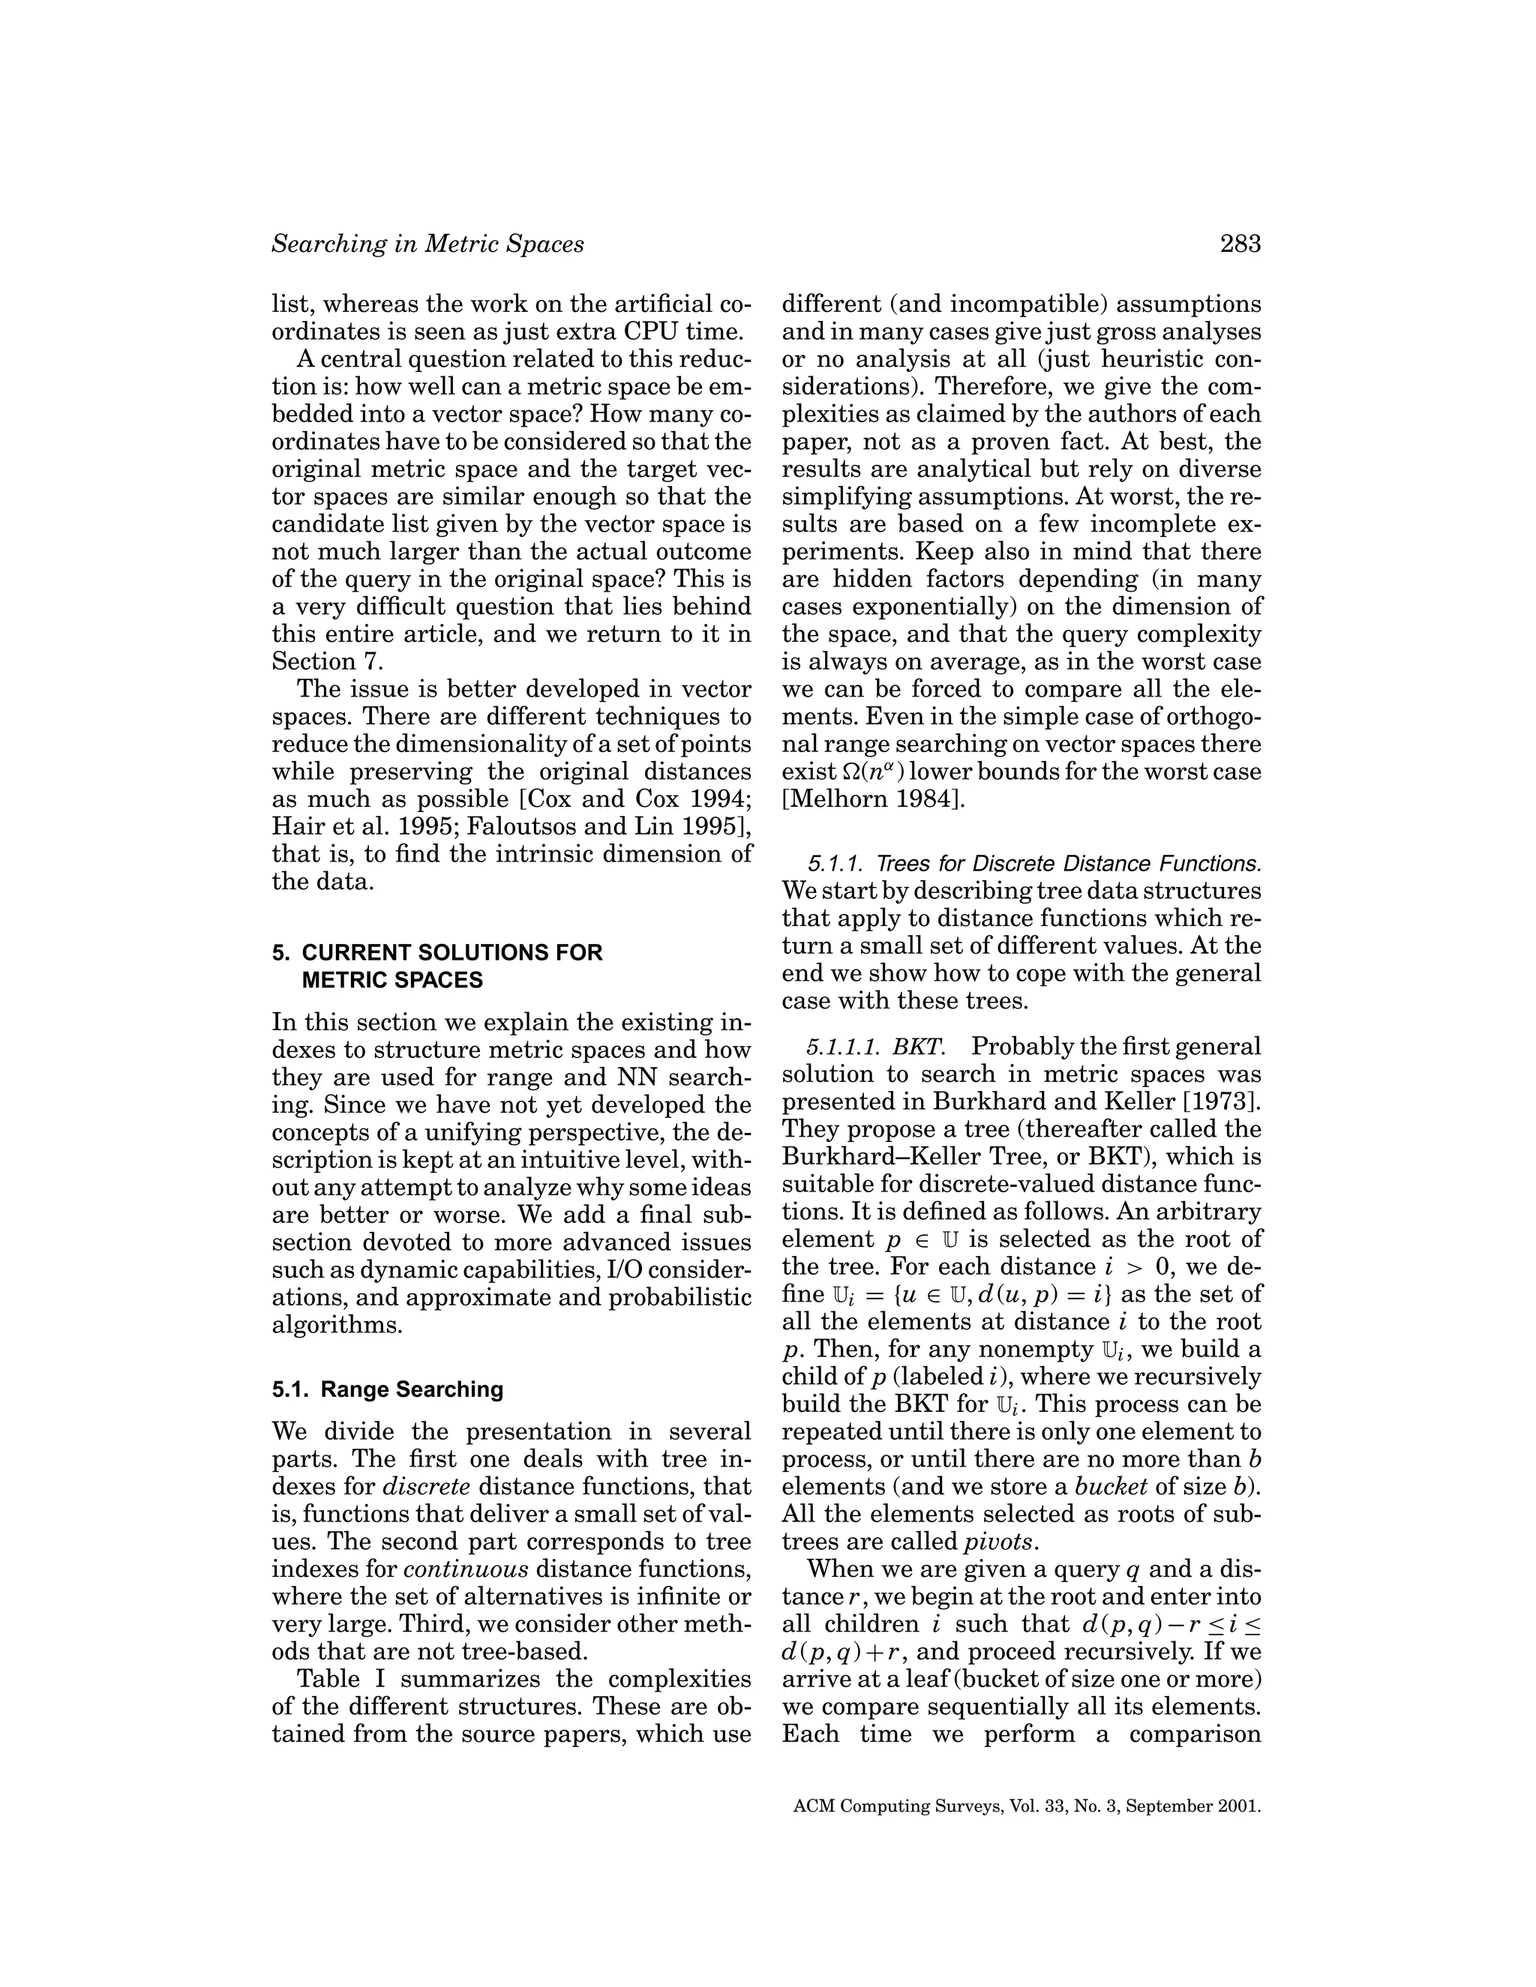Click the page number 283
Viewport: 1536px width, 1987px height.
1240,244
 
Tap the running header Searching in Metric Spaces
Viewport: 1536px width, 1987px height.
427,244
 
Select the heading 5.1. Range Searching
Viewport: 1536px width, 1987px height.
387,1389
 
